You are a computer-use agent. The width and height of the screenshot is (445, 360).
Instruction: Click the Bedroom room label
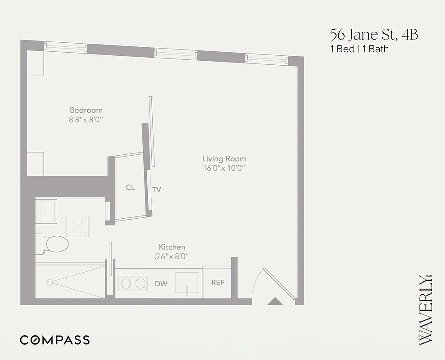point(86,110)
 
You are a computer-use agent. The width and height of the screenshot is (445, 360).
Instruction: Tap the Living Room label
point(224,158)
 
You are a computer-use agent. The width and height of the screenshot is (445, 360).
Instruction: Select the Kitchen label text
point(172,247)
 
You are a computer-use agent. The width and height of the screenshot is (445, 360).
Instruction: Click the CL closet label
point(130,187)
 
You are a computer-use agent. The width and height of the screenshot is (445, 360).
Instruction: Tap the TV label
point(156,189)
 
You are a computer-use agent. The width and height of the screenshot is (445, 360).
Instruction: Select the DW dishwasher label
point(161,283)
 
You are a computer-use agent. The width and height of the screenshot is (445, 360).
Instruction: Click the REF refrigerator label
point(218,283)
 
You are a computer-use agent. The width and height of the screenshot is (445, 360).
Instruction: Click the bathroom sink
point(46,211)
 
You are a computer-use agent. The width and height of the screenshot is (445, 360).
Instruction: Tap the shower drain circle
point(50,283)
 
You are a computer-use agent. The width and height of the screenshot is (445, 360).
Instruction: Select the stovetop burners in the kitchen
point(132,283)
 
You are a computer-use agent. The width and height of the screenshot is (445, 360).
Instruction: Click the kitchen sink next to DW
point(187,283)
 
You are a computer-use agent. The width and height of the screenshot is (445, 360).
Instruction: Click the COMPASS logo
point(54,340)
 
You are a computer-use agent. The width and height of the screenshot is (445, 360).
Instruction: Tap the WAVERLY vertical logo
point(426,310)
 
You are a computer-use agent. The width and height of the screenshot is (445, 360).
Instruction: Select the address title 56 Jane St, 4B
point(374,34)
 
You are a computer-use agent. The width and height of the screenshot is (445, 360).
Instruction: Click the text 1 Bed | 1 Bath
point(359,49)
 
